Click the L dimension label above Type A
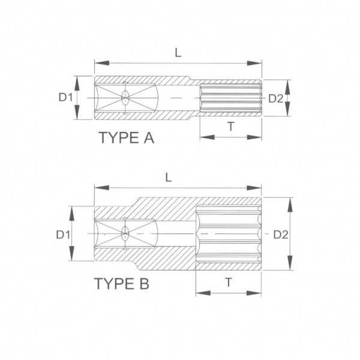click(x=178, y=53)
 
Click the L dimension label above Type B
click(x=169, y=178)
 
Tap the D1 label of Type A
click(x=65, y=97)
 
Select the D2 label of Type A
click(x=276, y=99)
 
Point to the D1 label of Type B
click(x=63, y=235)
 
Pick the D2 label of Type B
click(x=281, y=235)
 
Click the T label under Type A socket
click(x=231, y=127)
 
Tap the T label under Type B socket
click(x=229, y=283)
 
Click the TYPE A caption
click(x=127, y=138)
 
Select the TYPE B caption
click(x=122, y=283)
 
